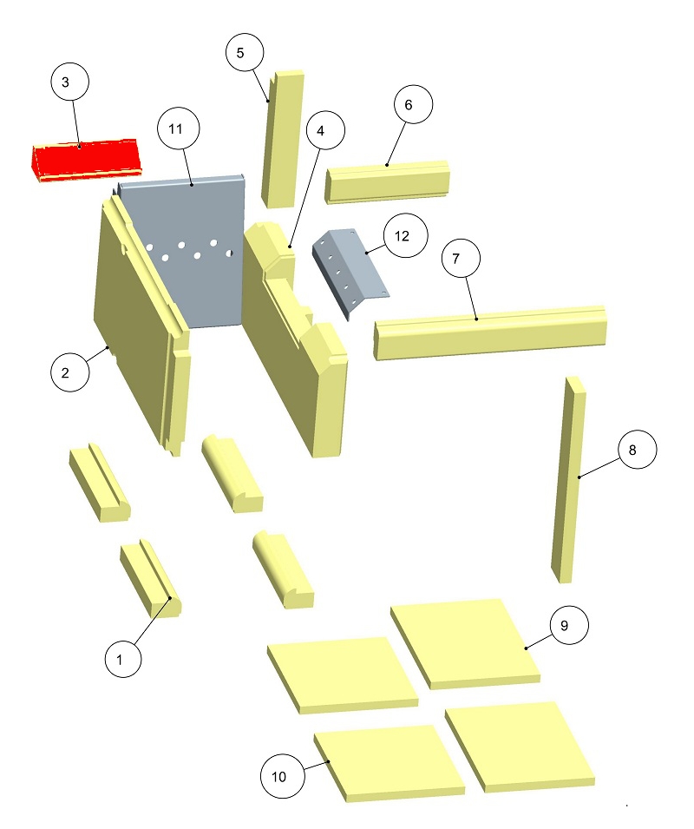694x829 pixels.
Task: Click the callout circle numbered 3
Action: point(69,82)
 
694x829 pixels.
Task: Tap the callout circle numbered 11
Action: point(179,128)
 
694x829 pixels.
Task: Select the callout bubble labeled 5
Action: point(245,52)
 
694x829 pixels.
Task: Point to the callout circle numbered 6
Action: point(413,104)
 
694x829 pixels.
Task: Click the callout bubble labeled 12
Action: point(406,235)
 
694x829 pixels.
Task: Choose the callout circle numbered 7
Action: point(461,259)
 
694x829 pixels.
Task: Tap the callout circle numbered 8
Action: point(638,450)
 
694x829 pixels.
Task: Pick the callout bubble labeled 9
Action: point(569,625)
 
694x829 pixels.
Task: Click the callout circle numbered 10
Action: point(283,776)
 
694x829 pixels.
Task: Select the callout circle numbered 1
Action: point(123,659)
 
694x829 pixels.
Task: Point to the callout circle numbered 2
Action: point(69,372)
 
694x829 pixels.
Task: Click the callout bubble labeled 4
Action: point(325,130)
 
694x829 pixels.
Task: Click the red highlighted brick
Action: point(85,161)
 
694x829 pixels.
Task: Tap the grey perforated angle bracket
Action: point(350,271)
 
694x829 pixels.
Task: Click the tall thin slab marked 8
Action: point(568,480)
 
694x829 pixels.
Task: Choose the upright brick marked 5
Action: point(283,139)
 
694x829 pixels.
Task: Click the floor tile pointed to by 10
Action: point(390,763)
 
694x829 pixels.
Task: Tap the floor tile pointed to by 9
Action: point(465,644)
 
